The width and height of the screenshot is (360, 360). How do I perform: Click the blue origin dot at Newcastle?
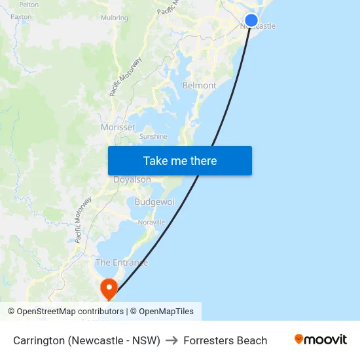click(x=251, y=20)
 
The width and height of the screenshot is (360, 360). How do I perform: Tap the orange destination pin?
click(x=108, y=288)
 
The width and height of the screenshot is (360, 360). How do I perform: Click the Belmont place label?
click(x=199, y=86)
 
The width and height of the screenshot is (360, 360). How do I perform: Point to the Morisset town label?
click(x=118, y=127)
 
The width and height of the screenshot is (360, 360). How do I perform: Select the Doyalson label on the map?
click(x=132, y=179)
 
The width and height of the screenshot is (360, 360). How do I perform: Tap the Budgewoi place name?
click(x=154, y=202)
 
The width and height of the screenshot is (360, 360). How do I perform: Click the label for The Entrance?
click(x=122, y=262)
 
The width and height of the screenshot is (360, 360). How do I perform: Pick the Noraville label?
click(x=151, y=223)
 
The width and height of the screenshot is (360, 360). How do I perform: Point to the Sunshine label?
click(x=153, y=137)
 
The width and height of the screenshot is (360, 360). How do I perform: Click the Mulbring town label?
click(x=115, y=18)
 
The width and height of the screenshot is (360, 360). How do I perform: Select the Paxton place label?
click(x=21, y=16)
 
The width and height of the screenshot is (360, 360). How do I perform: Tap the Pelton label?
click(x=29, y=4)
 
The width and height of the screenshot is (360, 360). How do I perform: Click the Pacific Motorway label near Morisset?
click(x=126, y=77)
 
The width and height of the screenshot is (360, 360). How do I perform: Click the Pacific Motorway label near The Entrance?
click(x=83, y=220)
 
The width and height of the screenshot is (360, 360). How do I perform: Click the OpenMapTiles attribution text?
click(x=166, y=312)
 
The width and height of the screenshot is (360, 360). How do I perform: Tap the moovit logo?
click(x=321, y=340)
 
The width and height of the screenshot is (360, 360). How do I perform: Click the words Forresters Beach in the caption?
click(x=225, y=340)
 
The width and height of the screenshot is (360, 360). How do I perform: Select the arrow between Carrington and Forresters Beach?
click(x=171, y=340)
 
